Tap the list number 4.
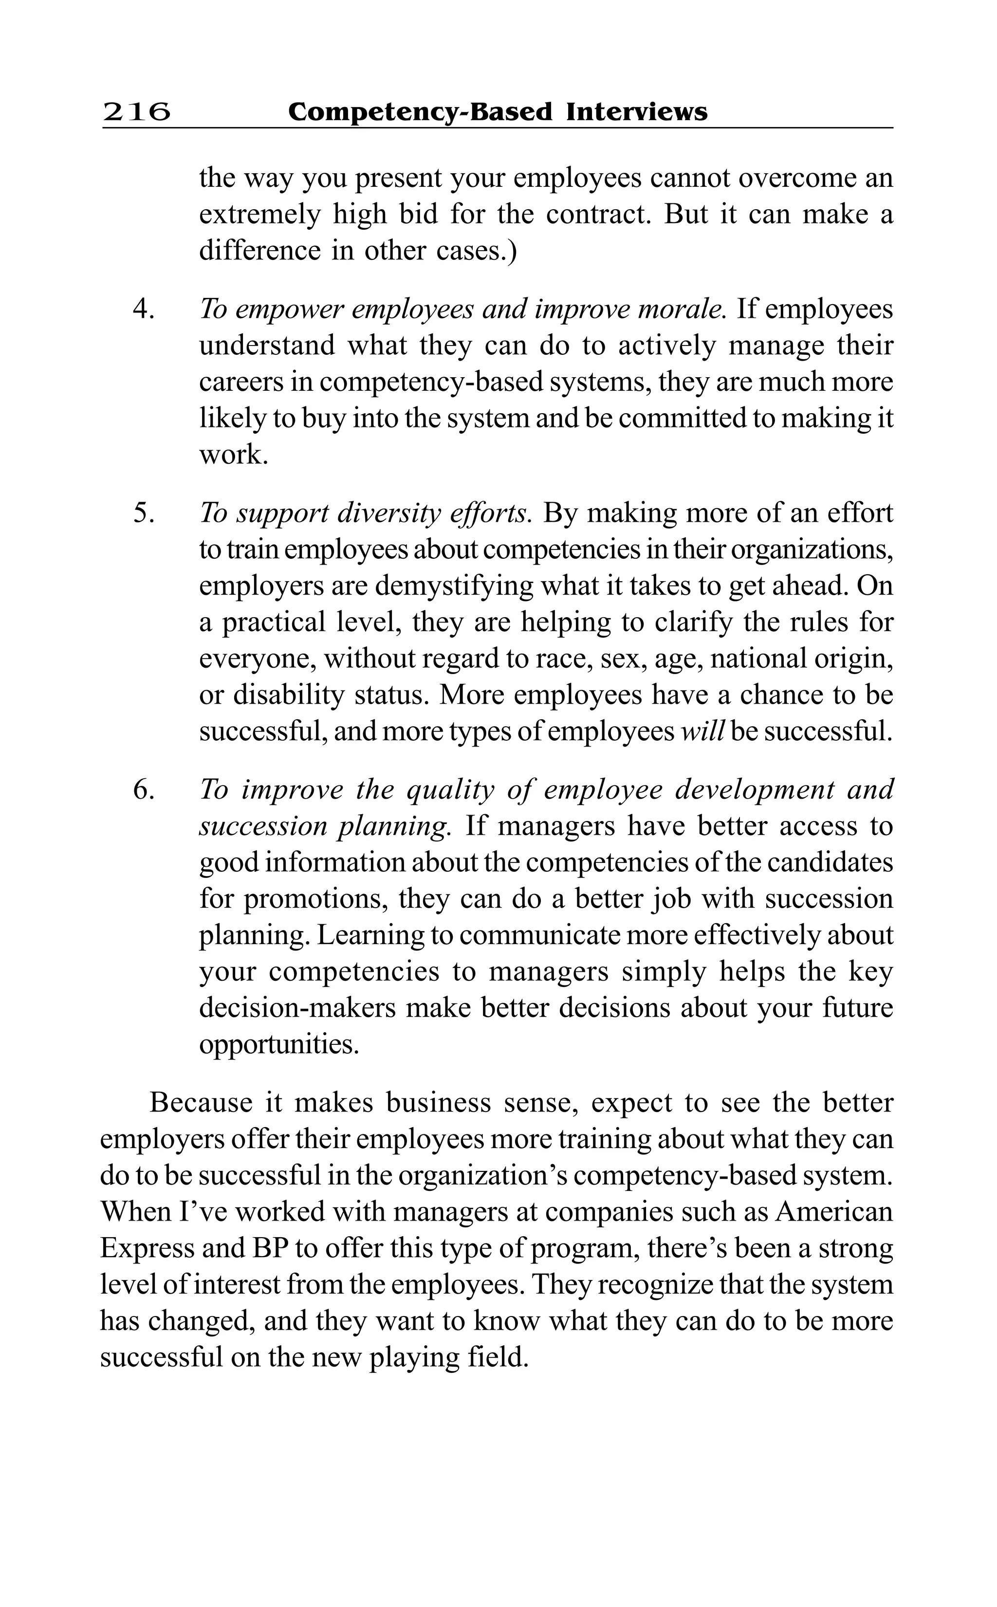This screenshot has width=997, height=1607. tap(143, 309)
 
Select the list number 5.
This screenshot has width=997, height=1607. tap(143, 513)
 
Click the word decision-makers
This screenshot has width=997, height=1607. tap(297, 1008)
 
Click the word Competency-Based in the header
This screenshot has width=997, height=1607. tap(420, 112)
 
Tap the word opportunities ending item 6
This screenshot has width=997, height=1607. tap(279, 1045)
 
